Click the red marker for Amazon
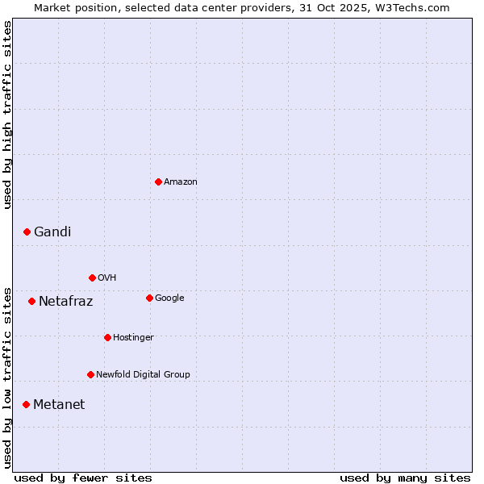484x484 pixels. [158, 181]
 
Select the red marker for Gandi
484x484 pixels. [27, 232]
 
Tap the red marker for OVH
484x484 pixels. [92, 277]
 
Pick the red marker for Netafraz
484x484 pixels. [31, 301]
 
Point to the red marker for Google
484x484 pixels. [149, 298]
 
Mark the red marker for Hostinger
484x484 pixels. [107, 337]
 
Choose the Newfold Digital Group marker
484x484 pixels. [90, 374]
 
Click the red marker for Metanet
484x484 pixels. [26, 404]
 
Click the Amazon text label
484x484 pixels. [181, 182]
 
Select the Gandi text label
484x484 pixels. [52, 232]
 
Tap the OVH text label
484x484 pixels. [107, 278]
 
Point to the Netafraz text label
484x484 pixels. [66, 302]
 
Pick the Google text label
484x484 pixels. [169, 298]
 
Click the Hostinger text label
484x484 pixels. [133, 338]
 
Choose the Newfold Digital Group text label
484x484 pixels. [143, 375]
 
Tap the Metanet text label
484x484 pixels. [59, 405]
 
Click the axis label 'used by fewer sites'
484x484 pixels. [83, 478]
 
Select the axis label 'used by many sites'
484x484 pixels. [405, 478]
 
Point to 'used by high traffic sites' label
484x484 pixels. [8, 115]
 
